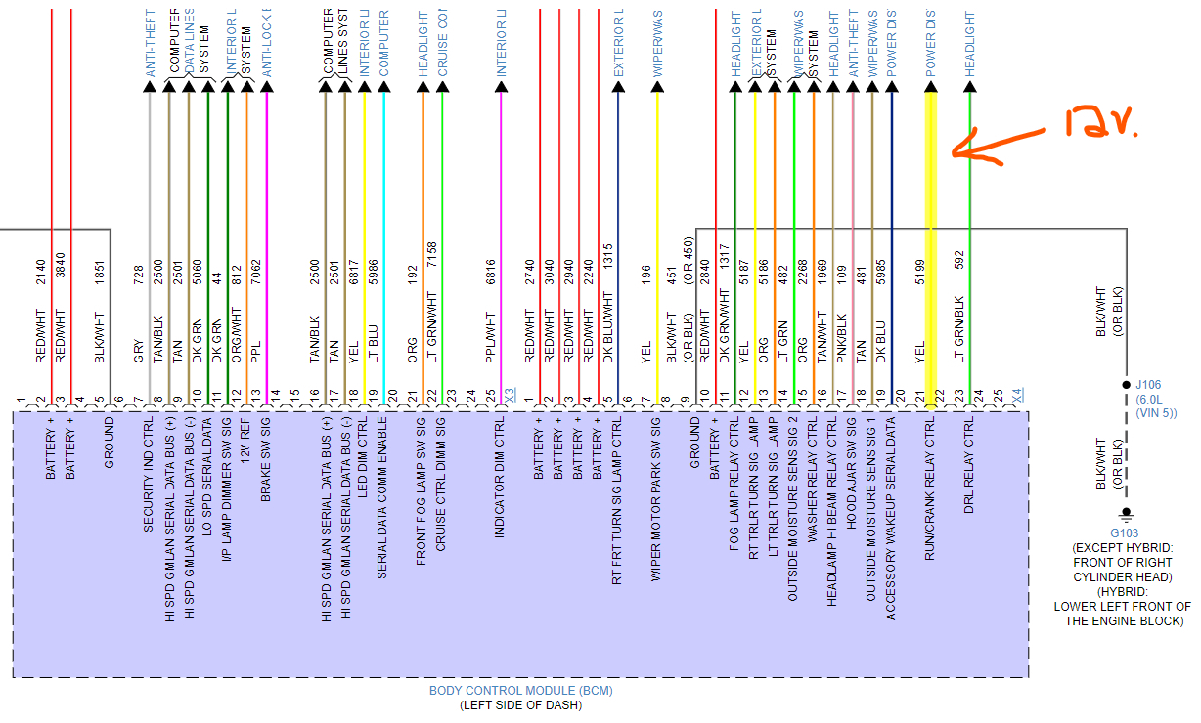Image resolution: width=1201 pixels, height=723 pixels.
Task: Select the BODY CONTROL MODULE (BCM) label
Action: (x=520, y=691)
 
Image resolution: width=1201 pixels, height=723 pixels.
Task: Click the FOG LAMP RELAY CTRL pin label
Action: (x=734, y=485)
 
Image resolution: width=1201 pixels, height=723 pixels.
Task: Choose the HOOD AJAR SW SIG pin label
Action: (x=852, y=479)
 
